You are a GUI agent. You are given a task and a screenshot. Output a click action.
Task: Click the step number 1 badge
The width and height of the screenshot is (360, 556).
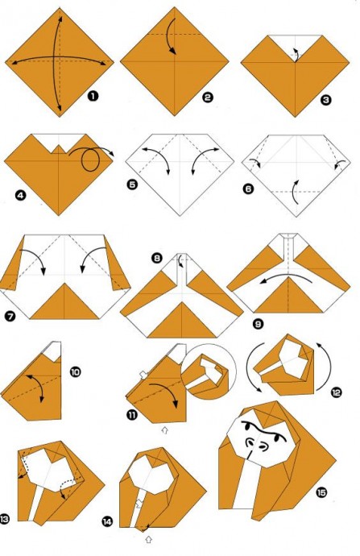pos(93,96)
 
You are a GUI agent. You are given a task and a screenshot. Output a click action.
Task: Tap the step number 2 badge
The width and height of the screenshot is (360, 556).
pos(208,98)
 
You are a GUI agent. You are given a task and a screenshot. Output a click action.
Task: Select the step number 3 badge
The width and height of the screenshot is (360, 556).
pos(325,100)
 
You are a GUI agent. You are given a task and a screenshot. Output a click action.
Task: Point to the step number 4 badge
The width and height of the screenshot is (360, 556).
pos(21,195)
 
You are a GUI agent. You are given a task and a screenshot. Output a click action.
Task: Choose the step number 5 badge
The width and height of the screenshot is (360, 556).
pos(132,185)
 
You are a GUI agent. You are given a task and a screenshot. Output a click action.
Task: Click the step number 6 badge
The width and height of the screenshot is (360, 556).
pos(248,189)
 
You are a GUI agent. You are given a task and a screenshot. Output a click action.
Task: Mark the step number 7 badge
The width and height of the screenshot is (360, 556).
pos(10,316)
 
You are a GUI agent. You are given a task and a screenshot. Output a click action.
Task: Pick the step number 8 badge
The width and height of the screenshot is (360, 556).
pos(157,258)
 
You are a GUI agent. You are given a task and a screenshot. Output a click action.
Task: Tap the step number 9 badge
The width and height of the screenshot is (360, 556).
pos(259,324)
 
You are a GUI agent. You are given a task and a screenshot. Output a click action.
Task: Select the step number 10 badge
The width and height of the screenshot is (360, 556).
pos(75,372)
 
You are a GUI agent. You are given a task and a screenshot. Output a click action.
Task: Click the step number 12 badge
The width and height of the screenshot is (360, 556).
pos(336,392)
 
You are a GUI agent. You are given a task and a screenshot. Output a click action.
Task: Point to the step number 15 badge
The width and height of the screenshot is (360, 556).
pos(321,492)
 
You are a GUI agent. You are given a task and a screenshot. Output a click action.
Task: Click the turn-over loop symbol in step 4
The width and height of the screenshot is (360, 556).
pos(89,160)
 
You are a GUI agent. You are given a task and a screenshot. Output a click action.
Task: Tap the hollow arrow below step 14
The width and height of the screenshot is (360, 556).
pos(149,539)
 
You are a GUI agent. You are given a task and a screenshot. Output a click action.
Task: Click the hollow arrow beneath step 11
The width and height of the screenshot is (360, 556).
pos(164,430)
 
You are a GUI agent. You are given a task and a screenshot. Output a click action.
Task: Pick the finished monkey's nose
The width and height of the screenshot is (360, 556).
pos(263,446)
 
